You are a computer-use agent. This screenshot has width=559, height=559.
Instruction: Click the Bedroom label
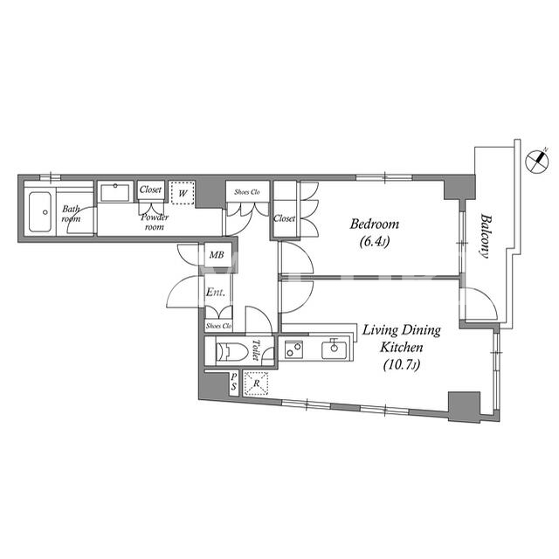coord(374,224)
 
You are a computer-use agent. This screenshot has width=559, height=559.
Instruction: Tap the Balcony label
coord(485,235)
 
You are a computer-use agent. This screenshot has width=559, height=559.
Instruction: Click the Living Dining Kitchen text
coord(402,339)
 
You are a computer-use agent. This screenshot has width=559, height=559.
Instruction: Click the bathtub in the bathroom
coord(40,212)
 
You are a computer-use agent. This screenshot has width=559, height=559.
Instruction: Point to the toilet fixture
coord(231,352)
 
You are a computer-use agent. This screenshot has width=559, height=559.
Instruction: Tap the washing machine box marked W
coord(183,193)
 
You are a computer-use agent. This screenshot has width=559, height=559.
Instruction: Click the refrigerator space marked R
coord(256,383)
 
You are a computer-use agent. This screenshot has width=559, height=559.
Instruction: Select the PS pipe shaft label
coord(233,382)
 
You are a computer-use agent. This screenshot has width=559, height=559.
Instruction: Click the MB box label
coord(217,255)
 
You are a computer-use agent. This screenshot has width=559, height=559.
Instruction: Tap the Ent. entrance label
coord(216,293)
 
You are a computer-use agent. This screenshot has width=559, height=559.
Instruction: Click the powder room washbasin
coord(114,192)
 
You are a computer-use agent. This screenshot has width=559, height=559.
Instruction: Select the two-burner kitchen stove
coord(293,349)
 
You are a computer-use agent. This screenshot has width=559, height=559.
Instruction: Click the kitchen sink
coord(334,349)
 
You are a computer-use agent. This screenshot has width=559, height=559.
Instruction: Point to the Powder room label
coord(155,222)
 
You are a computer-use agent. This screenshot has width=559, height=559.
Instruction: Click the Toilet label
coord(256,349)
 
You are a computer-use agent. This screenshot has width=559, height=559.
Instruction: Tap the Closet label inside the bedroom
coord(284,218)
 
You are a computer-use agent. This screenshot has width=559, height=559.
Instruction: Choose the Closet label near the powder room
coord(150,190)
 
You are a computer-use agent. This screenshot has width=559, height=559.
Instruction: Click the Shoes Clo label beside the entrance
coord(218,326)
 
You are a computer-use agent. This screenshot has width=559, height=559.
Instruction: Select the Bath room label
coord(71,213)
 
